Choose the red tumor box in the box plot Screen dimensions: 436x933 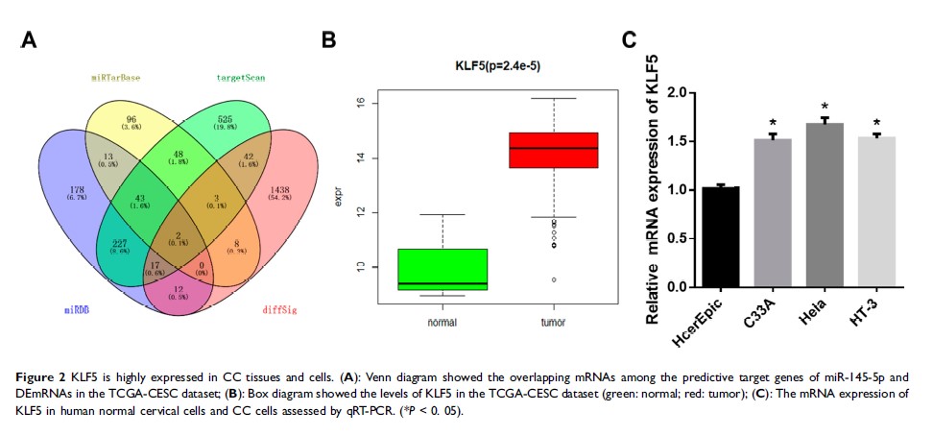click(553, 150)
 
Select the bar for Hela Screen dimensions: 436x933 click(824, 205)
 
